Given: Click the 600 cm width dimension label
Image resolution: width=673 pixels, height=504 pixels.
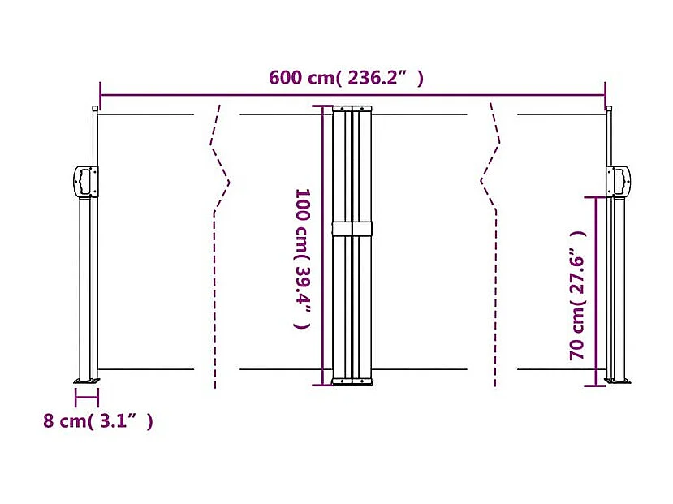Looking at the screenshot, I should click(x=347, y=79).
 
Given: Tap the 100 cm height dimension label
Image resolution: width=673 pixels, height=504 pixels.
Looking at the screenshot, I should click(x=302, y=258).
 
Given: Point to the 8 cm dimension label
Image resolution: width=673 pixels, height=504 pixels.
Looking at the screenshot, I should click(x=98, y=421).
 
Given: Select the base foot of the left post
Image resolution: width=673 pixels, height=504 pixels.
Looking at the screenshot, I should click(x=86, y=380).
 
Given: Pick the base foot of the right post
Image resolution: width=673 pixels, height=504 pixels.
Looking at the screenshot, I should click(x=619, y=381).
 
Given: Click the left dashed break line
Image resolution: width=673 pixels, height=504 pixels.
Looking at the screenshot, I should click(x=218, y=243).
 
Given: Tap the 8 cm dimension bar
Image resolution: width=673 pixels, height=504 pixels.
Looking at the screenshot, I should click(x=86, y=398).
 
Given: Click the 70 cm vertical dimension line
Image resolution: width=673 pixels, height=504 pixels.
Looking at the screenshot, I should click(x=597, y=290).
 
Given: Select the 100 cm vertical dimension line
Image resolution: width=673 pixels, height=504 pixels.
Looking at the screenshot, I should click(x=324, y=243).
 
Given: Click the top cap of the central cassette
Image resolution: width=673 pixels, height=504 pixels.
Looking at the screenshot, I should click(x=352, y=108).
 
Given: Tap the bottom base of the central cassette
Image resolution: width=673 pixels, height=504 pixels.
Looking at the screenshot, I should click(x=352, y=381).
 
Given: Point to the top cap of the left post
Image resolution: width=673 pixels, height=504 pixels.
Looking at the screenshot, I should click(x=95, y=109).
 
